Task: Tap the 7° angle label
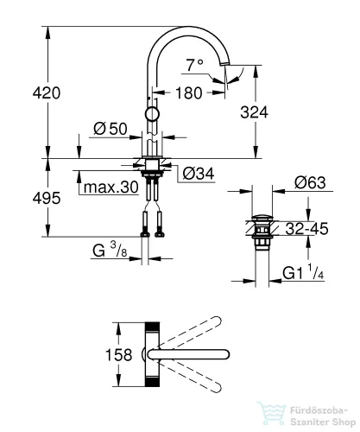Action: (196, 63)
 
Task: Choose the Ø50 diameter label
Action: (110, 130)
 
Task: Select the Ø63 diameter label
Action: (309, 183)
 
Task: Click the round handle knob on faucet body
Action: (152, 114)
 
